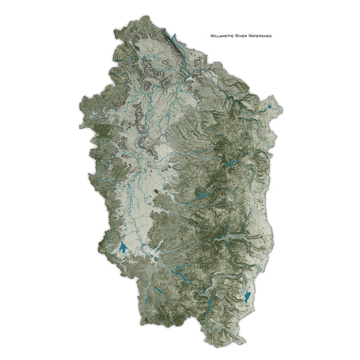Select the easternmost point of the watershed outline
coord(283,108)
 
